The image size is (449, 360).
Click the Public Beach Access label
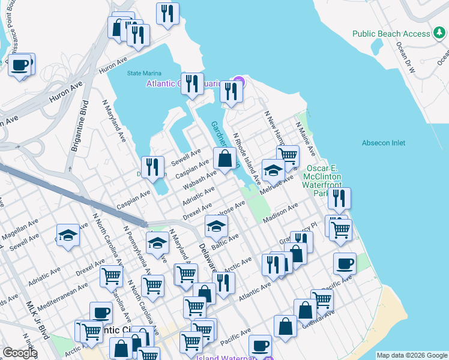pyautogui.click(x=391, y=34)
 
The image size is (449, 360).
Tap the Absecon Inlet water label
pyautogui.click(x=384, y=143)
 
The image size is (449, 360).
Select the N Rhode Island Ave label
pyautogui.click(x=247, y=158)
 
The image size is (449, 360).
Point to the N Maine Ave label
pyautogui.click(x=304, y=140)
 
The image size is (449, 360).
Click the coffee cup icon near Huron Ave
pyautogui.click(x=20, y=64)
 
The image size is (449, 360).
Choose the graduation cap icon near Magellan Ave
pyautogui.click(x=68, y=235)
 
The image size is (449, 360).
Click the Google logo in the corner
pyautogui.click(x=20, y=353)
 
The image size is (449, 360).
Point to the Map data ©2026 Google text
pyautogui.click(x=412, y=355)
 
